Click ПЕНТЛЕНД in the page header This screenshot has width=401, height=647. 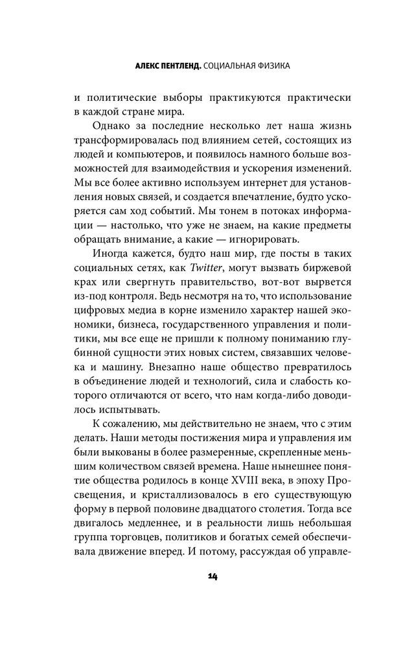click(x=168, y=66)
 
